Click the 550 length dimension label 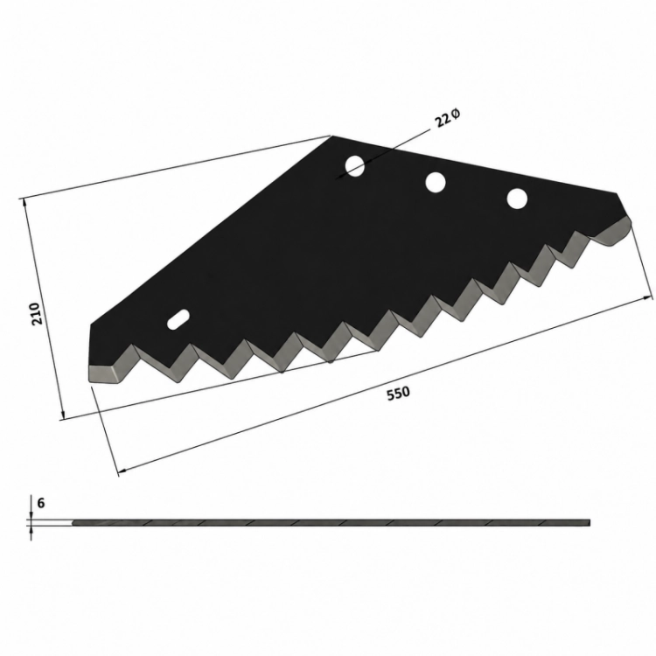398,394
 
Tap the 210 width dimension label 37,313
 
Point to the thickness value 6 40,503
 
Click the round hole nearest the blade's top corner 355,165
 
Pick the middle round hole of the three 435,183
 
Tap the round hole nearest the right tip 517,199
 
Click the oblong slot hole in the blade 178,319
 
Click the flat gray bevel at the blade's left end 106,373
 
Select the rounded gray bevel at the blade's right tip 613,233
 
